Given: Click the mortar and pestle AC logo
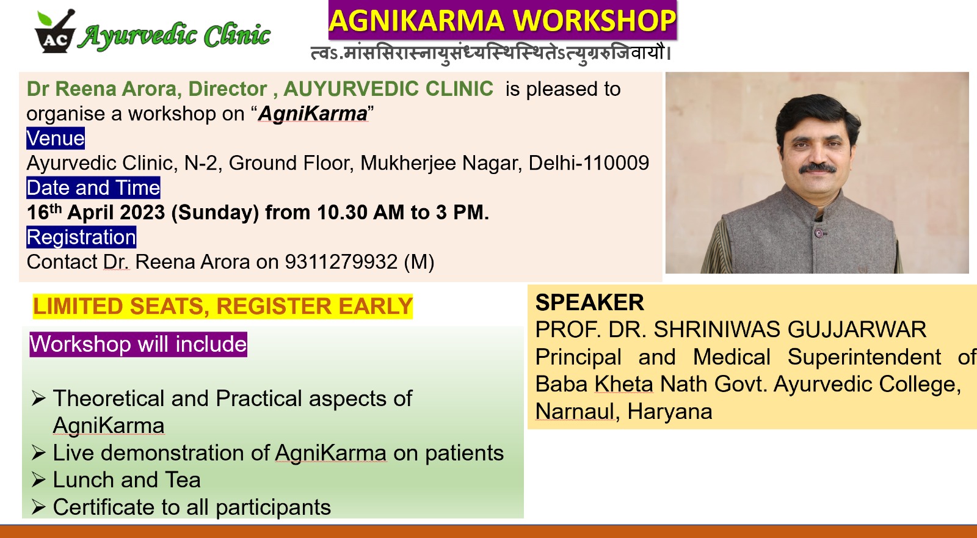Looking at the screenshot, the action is [x=55, y=31].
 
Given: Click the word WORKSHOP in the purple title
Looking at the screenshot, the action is [x=594, y=21].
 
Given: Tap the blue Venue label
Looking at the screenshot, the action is [x=56, y=139].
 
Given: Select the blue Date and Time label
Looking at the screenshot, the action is [x=93, y=187].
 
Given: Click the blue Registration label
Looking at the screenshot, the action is [x=81, y=237].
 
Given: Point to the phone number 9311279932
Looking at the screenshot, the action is [x=341, y=262].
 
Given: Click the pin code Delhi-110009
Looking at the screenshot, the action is [x=589, y=163].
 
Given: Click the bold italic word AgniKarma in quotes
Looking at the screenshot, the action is [x=313, y=114].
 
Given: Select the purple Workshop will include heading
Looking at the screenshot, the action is [x=138, y=344].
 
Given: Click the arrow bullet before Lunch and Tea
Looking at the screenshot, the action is [x=39, y=479].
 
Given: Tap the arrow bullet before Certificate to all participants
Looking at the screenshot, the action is [x=39, y=507].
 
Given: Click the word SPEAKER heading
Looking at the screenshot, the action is [x=590, y=302].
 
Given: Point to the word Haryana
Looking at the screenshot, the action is [x=669, y=412].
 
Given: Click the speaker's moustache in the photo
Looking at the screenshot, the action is [x=818, y=167].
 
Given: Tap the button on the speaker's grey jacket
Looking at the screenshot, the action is [x=819, y=233].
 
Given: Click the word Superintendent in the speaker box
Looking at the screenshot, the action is [x=865, y=357].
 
